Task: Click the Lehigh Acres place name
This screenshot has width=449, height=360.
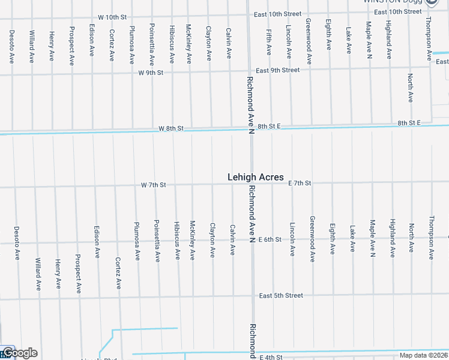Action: (255, 177)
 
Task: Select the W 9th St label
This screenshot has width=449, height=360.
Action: (151, 73)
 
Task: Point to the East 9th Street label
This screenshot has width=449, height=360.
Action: (277, 70)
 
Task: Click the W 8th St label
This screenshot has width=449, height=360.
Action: (171, 128)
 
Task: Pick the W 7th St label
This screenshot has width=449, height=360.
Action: (153, 185)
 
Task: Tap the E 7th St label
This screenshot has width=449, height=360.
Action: (299, 182)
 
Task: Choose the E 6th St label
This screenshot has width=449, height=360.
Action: (270, 239)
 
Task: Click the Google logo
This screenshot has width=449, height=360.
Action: (20, 353)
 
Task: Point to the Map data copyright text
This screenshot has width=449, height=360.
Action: (423, 355)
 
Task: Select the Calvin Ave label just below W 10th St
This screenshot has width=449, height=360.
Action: (229, 42)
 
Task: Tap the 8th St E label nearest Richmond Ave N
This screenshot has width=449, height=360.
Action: (270, 127)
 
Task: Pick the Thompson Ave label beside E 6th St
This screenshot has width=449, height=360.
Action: (431, 238)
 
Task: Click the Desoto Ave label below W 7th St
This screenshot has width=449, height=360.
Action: (17, 243)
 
